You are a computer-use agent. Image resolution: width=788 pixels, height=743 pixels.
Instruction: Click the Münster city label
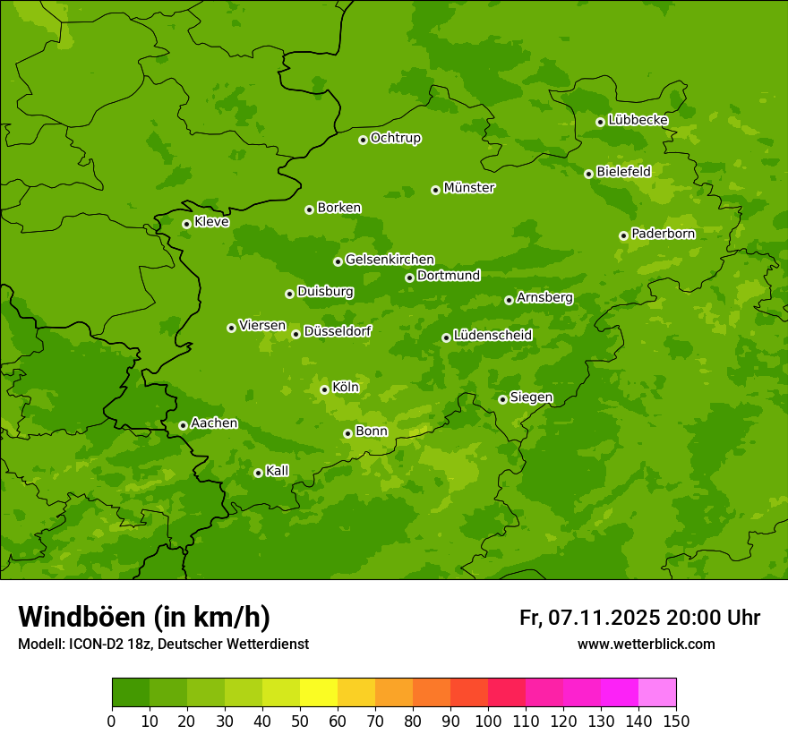click(468, 188)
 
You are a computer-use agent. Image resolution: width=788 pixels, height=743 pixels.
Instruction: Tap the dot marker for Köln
click(324, 389)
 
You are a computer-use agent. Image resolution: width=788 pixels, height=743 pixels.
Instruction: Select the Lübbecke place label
click(638, 120)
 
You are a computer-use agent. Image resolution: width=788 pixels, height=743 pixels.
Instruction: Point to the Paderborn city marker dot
click(623, 235)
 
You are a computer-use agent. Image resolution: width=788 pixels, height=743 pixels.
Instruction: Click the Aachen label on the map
click(214, 423)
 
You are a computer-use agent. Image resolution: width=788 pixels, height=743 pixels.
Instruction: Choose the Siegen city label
click(531, 397)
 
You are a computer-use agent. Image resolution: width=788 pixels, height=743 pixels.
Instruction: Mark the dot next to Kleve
click(186, 224)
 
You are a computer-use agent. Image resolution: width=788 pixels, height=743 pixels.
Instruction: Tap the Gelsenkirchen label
click(390, 260)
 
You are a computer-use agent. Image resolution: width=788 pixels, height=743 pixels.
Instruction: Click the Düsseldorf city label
click(337, 331)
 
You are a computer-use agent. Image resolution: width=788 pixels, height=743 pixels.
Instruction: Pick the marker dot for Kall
click(258, 473)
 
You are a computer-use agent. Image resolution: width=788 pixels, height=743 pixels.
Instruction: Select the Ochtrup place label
click(395, 138)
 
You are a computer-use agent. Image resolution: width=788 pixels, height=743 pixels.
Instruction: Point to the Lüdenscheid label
click(492, 336)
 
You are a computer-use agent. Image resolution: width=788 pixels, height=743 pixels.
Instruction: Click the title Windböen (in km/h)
click(144, 617)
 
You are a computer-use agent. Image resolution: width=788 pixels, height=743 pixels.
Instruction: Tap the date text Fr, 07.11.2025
click(590, 618)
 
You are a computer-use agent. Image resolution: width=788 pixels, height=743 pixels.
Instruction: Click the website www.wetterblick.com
click(646, 644)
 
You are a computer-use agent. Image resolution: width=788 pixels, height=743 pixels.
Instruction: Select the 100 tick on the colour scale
click(488, 721)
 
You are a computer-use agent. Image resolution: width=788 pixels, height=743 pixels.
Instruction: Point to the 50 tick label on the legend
click(300, 721)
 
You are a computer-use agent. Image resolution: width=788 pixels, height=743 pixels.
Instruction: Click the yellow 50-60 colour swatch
click(319, 693)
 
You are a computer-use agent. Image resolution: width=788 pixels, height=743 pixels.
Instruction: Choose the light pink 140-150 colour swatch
click(657, 693)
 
